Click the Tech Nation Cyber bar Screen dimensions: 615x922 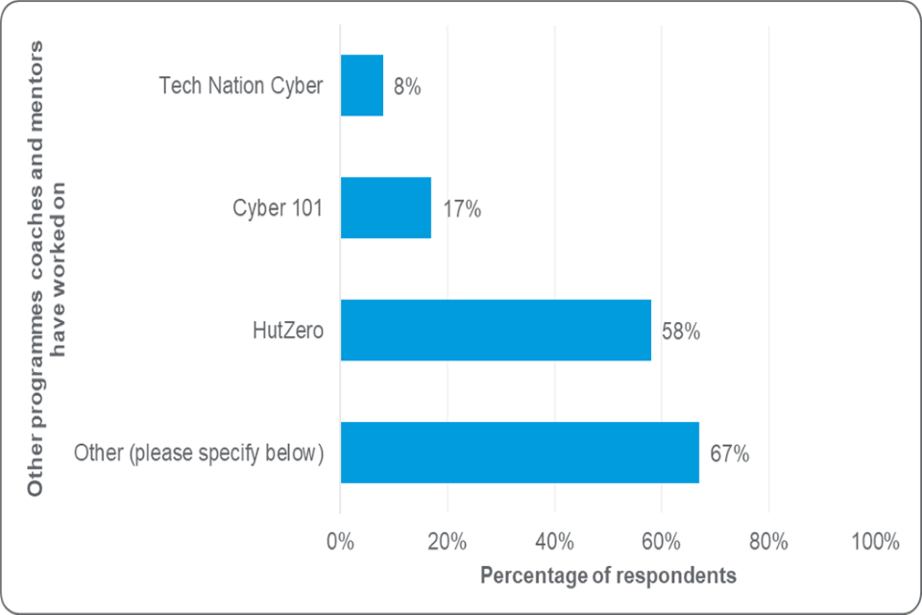point(362,86)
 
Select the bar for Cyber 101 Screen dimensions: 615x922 point(386,208)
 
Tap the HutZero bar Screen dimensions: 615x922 point(496,331)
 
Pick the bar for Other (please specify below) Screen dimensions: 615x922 point(520,453)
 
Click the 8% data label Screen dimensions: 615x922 point(407,86)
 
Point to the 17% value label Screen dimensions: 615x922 point(461,209)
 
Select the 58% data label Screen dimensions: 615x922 point(680,332)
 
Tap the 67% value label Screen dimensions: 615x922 point(729,454)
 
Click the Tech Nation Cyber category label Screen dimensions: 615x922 point(241,86)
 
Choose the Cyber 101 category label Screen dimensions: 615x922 point(278,208)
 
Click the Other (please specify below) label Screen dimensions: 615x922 point(199,453)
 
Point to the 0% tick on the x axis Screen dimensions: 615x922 point(340,541)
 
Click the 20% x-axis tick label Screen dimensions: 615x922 point(448,541)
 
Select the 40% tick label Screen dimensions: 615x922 point(554,541)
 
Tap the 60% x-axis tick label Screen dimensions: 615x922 point(662,541)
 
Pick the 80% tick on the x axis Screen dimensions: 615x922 point(768,541)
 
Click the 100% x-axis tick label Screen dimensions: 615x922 point(873,541)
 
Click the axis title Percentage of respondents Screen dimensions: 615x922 point(608,576)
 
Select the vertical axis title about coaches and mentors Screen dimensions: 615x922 point(48,269)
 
